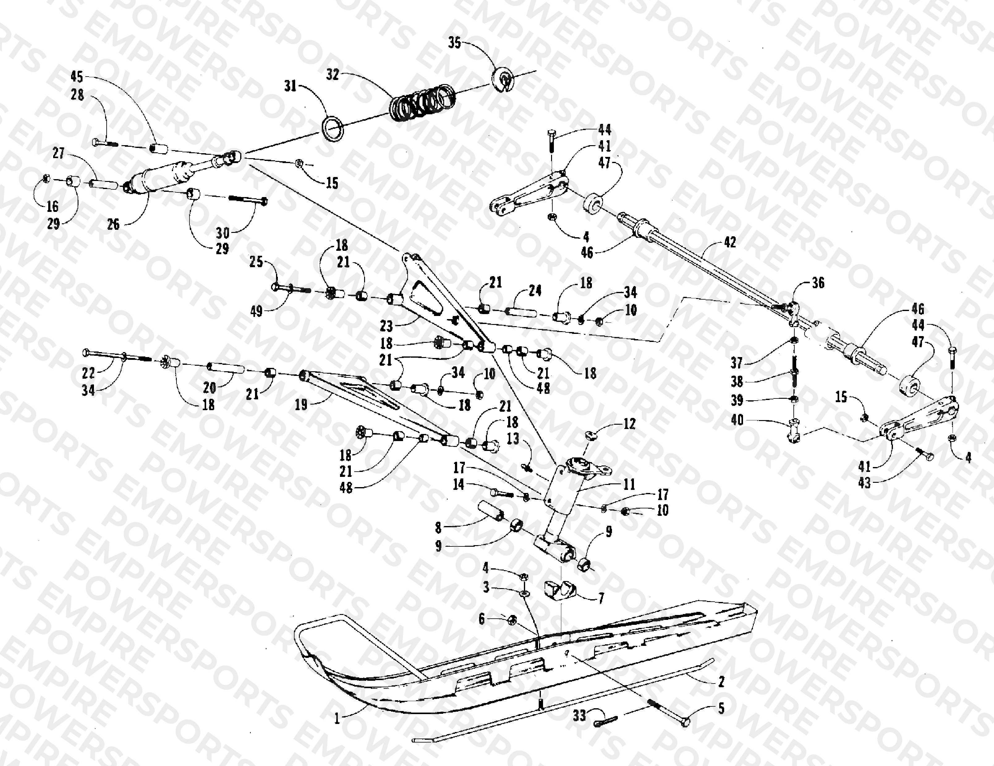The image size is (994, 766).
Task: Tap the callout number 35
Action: pyautogui.click(x=455, y=43)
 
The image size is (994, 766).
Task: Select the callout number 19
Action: pyautogui.click(x=301, y=404)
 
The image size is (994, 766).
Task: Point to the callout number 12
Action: pyautogui.click(x=629, y=424)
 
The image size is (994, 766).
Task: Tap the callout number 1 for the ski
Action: pyautogui.click(x=337, y=719)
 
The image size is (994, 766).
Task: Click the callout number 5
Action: pyautogui.click(x=721, y=708)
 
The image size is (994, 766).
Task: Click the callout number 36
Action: pyautogui.click(x=818, y=283)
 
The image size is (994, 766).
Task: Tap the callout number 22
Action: pyautogui.click(x=88, y=373)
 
